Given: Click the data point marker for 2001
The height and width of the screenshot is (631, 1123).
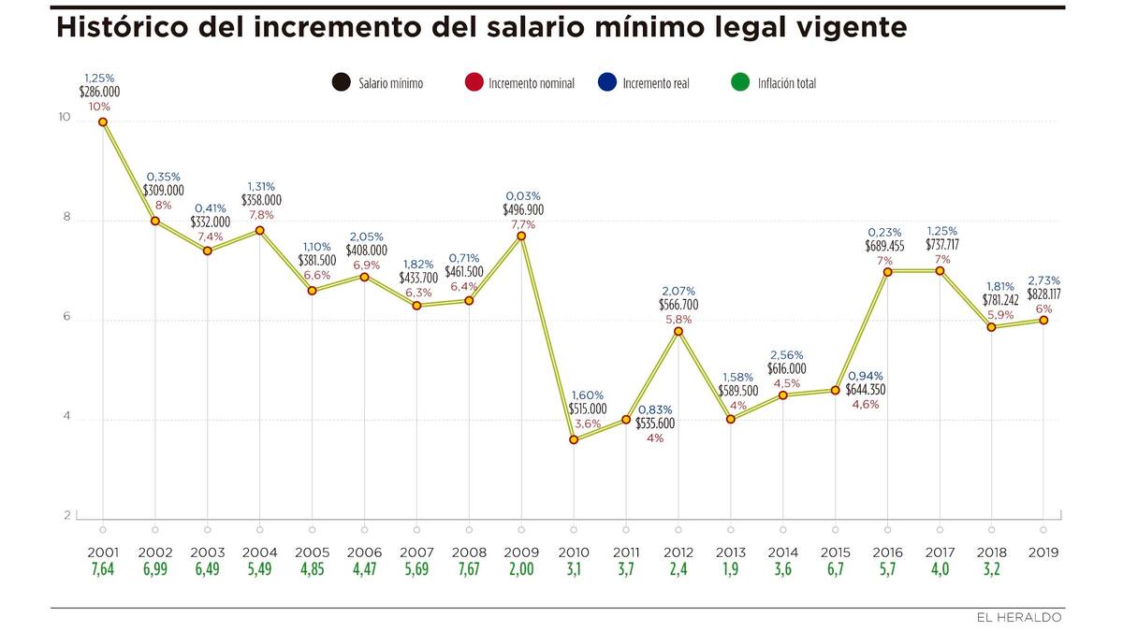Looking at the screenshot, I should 103,122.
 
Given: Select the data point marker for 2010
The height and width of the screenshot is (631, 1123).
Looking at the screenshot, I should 574,439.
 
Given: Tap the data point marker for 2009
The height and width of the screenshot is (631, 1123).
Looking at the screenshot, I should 521,236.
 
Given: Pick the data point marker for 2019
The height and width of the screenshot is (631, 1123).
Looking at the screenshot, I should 1043,320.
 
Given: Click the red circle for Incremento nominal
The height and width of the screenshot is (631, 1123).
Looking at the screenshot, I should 474,82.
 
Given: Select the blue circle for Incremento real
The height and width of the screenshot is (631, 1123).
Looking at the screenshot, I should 607,82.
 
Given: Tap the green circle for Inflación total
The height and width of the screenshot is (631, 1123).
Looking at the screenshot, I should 741,82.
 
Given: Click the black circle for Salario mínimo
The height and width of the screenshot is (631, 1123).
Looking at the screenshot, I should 341,82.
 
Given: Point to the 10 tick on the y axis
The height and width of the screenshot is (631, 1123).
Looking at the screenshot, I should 64,118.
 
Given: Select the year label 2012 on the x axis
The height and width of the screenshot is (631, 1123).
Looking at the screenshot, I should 678,552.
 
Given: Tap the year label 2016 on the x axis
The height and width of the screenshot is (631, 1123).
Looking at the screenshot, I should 887,552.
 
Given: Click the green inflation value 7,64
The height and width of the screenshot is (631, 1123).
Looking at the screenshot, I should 102,570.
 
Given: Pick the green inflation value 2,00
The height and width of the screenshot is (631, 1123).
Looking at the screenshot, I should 520,570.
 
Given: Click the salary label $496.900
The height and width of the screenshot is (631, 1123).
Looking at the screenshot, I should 523,210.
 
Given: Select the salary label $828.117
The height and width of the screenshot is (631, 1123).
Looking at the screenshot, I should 1043,294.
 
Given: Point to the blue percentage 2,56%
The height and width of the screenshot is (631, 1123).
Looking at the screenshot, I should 787,355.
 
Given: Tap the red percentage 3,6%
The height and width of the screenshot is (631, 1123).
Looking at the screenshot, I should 588,423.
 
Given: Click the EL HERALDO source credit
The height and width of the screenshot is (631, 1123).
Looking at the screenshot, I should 1019,618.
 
